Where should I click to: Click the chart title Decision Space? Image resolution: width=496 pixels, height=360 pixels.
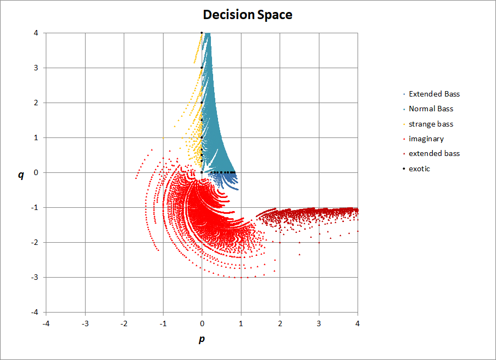point(247,15)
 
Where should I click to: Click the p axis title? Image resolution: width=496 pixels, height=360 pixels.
point(202,339)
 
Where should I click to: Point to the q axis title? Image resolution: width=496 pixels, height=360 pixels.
point(21,175)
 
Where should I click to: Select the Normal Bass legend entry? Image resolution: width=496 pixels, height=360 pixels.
point(431,109)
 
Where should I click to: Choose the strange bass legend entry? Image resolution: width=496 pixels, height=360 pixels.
point(431,124)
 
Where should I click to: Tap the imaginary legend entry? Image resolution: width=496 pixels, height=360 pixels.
point(426,139)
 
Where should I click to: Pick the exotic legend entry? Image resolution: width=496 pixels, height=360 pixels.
point(419,169)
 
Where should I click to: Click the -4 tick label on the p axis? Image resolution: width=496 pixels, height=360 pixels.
point(46,323)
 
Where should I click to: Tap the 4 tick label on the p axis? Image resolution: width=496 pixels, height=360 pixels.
point(358,323)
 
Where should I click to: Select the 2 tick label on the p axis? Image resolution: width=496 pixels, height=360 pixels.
point(280,323)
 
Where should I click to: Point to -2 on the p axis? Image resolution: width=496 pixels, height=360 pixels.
point(124,323)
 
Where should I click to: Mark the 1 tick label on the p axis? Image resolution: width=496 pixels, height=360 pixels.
point(241,323)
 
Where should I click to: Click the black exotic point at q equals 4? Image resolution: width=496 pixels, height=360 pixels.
point(202,33)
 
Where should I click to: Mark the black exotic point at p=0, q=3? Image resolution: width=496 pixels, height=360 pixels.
point(202,68)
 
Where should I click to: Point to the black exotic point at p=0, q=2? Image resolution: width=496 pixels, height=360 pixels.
point(202,103)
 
